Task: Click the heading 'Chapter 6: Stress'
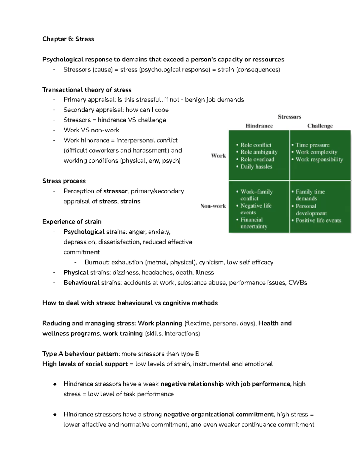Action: pyautogui.click(x=68, y=39)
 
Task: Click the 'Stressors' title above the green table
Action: pyautogui.click(x=289, y=117)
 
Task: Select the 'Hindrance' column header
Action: pyautogui.click(x=259, y=126)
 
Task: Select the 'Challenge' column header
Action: pyautogui.click(x=320, y=126)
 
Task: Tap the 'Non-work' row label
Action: pyautogui.click(x=213, y=206)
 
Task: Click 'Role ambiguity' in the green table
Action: pyautogui.click(x=259, y=152)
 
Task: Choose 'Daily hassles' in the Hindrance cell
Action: pyautogui.click(x=256, y=167)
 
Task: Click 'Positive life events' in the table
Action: pyautogui.click(x=318, y=220)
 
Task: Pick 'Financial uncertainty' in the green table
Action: pyautogui.click(x=253, y=223)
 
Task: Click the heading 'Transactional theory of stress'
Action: pyautogui.click(x=87, y=90)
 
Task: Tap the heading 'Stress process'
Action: pyautogui.click(x=64, y=181)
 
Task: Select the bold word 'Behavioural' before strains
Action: pyautogui.click(x=81, y=283)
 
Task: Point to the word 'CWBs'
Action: pyautogui.click(x=298, y=283)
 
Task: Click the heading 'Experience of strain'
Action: pyautogui.click(x=72, y=221)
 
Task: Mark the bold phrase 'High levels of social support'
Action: pyautogui.click(x=85, y=364)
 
